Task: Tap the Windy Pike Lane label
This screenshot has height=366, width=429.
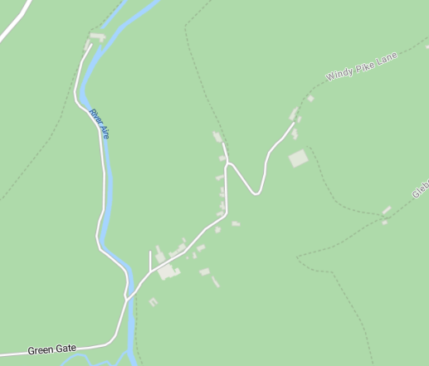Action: pyautogui.click(x=362, y=66)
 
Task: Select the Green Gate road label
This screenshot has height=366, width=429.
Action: pyautogui.click(x=51, y=349)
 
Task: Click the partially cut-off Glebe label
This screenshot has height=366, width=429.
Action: pyautogui.click(x=420, y=188)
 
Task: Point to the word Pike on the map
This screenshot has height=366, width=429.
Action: pyautogui.click(x=365, y=65)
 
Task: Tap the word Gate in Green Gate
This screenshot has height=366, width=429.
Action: pyautogui.click(x=66, y=349)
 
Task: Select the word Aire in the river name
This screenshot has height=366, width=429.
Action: pyautogui.click(x=104, y=131)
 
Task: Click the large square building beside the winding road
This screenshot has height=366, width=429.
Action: pyautogui.click(x=298, y=159)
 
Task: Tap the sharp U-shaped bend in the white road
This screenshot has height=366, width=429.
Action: pyautogui.click(x=256, y=193)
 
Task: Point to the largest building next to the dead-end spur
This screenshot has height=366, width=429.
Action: pyautogui.click(x=168, y=271)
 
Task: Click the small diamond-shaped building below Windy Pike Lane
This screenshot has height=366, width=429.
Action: pyautogui.click(x=311, y=99)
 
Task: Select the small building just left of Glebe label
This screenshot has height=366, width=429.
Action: pyautogui.click(x=386, y=211)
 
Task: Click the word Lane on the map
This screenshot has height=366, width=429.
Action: pyautogui.click(x=387, y=57)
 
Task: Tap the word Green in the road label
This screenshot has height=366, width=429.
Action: pyautogui.click(x=40, y=350)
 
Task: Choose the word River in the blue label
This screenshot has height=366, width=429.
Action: pyautogui.click(x=95, y=115)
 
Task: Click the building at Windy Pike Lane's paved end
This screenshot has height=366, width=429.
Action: pyautogui.click(x=294, y=115)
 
